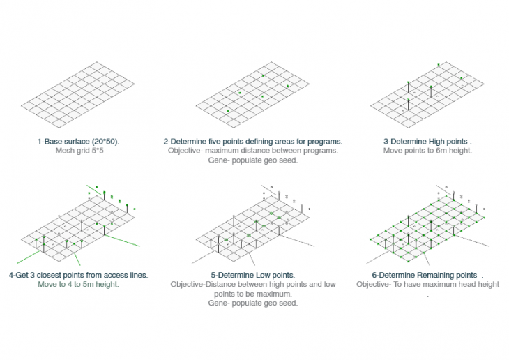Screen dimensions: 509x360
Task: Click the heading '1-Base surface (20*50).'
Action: tap(79, 142)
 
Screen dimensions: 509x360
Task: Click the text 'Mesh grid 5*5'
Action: tap(79, 151)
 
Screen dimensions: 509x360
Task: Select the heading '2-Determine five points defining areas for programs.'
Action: tap(253, 142)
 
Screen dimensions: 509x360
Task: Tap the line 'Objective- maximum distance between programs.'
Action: tap(253, 151)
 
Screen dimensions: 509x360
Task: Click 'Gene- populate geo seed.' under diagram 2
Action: tap(253, 160)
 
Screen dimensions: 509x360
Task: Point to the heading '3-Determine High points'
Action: tap(425, 142)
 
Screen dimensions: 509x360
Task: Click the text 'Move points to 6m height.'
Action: tap(427, 151)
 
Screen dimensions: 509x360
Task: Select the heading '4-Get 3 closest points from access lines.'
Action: tap(78, 275)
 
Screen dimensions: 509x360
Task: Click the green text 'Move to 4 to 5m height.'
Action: tap(78, 284)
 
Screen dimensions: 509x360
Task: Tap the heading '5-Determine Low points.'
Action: tap(253, 275)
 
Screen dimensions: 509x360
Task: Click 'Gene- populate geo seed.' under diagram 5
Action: tap(253, 303)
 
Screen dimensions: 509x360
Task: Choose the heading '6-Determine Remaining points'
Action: tap(425, 275)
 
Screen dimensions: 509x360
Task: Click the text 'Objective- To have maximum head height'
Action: tap(427, 284)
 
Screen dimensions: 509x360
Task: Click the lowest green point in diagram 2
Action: tap(228, 111)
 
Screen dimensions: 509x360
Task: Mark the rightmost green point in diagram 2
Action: tap(287, 86)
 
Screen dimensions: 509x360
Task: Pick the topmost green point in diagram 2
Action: tap(264, 76)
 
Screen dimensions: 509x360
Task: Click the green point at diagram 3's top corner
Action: tap(439, 65)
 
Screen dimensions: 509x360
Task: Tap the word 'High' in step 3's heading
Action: tap(436, 142)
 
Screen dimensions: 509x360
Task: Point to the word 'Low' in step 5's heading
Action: tap(263, 275)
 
